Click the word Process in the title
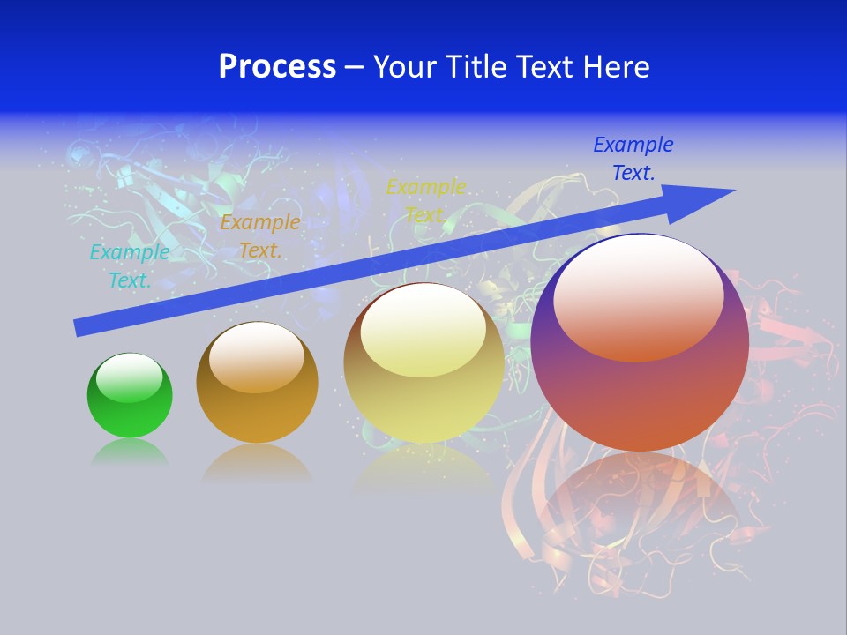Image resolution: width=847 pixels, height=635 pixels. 277,67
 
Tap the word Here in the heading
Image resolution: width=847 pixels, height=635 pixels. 617,67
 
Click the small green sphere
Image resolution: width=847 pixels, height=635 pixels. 130,410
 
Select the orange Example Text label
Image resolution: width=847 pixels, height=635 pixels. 259,236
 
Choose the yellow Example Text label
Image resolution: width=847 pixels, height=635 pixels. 426,201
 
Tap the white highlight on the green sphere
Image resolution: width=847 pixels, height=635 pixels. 129,377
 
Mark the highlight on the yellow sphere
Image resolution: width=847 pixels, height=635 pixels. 423,332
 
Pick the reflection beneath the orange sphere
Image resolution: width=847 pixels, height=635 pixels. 257,463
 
